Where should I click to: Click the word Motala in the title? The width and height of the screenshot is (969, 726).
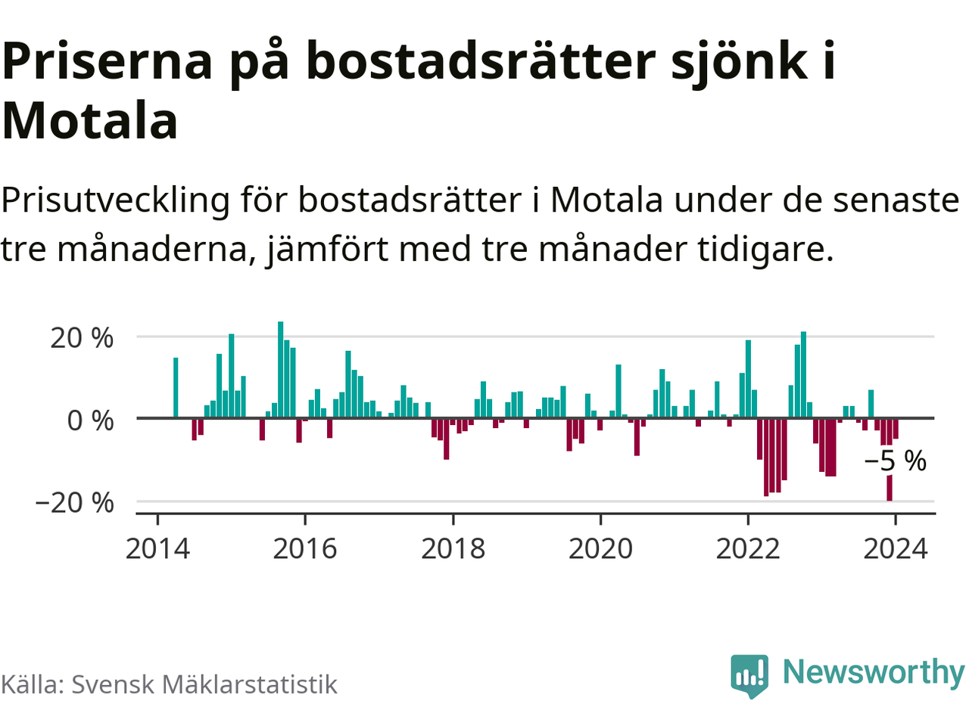[x=90, y=121]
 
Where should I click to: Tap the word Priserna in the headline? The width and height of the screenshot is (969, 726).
[x=108, y=62]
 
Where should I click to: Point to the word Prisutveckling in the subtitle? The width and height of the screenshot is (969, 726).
[x=116, y=201]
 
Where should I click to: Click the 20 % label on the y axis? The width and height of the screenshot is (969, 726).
[x=82, y=338]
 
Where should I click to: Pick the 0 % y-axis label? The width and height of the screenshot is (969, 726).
[x=90, y=420]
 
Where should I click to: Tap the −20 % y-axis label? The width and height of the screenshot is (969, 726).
[x=74, y=503]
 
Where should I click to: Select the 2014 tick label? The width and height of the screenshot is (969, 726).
[x=157, y=548]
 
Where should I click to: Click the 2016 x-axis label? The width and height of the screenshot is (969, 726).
[x=305, y=548]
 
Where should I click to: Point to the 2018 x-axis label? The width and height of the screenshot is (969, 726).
[x=453, y=548]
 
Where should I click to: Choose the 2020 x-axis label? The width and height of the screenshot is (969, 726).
[x=600, y=548]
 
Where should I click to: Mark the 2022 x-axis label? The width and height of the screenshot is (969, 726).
[x=748, y=548]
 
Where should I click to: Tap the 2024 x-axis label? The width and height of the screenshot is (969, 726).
[x=896, y=548]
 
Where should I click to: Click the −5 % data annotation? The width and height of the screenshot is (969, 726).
[x=896, y=461]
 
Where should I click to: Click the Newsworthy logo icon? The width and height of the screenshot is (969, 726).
[x=749, y=675]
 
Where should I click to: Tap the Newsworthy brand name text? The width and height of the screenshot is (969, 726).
[x=873, y=672]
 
